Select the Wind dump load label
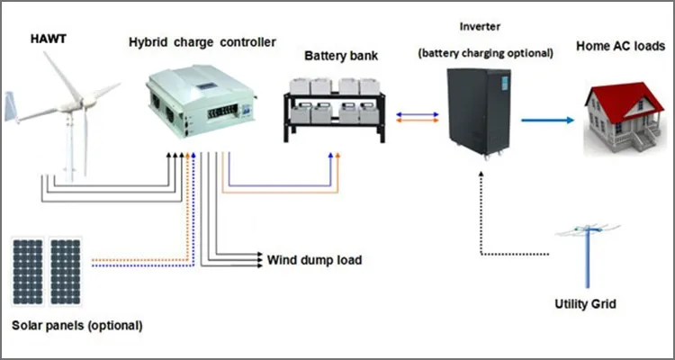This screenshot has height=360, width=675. pyautogui.click(x=315, y=261)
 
